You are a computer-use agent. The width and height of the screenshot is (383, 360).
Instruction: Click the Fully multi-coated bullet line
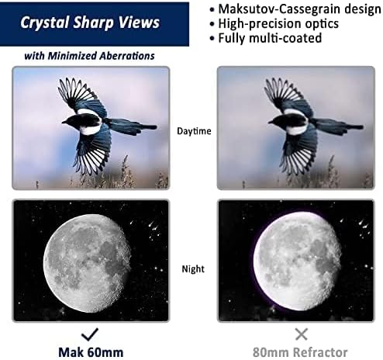tap(270, 37)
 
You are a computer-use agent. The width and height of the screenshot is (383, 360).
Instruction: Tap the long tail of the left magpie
tap(136, 125)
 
